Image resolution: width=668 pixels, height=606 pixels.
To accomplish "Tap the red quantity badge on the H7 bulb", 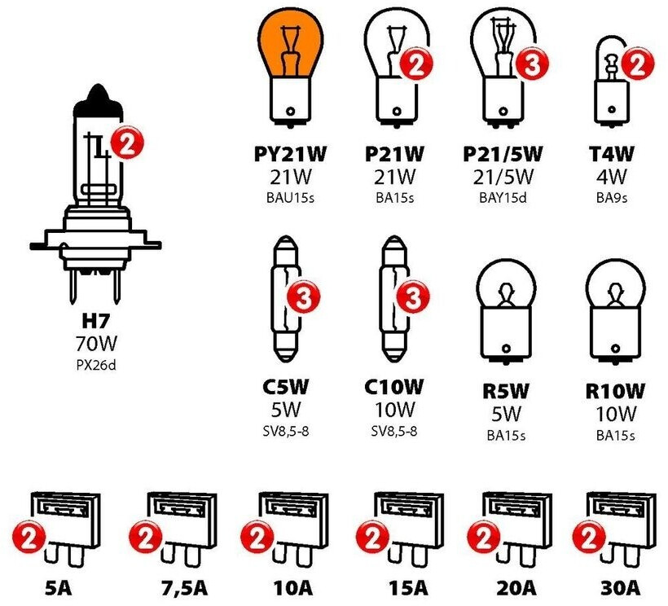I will coord(125,144).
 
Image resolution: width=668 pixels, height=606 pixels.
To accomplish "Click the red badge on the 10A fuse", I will coord(258,538).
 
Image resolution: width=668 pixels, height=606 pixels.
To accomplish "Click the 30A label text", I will coord(622,588).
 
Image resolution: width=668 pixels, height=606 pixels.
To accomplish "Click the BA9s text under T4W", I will coord(615,197).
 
